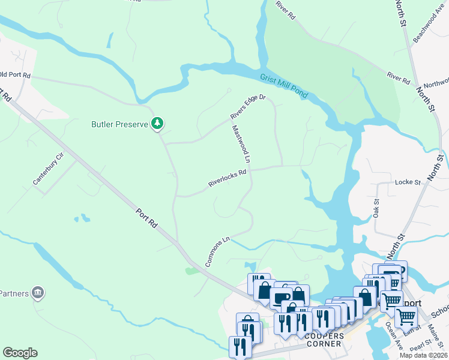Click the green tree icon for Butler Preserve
point(157,124)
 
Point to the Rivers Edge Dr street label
point(247,107)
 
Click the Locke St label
point(407,181)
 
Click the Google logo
point(20,353)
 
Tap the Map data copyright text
point(423,355)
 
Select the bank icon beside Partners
point(38,292)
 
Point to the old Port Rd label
point(15,76)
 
